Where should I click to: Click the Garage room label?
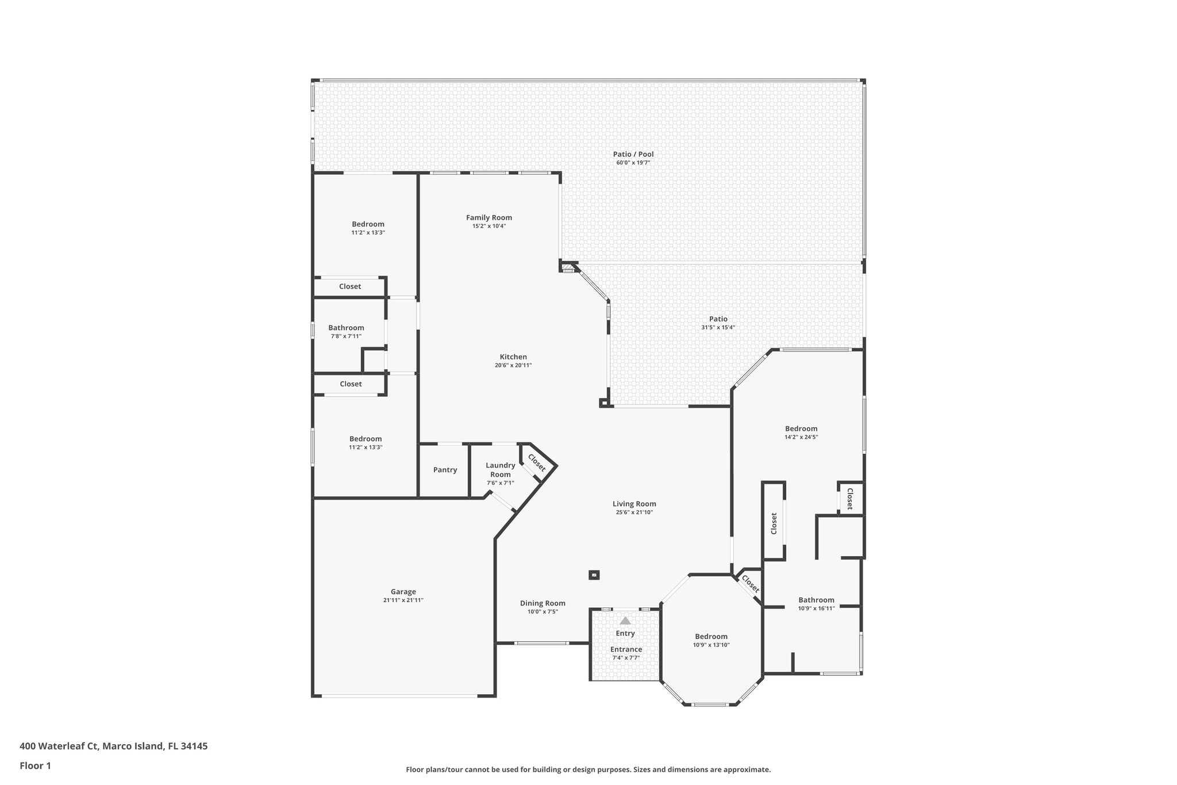tap(403, 591)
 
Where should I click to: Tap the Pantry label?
tap(445, 470)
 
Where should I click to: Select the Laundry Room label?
tap(500, 470)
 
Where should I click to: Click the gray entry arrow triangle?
tap(625, 621)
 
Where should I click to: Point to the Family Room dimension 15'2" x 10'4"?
tap(489, 226)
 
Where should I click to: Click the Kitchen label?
tap(513, 357)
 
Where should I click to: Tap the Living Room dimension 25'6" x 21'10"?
tap(634, 512)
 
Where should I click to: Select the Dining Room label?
tap(543, 603)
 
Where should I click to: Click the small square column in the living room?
tap(594, 575)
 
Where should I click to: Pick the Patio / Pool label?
tap(633, 154)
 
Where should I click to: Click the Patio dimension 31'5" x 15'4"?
tap(718, 327)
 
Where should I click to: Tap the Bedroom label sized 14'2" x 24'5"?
tap(801, 428)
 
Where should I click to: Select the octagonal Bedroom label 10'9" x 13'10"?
tap(711, 636)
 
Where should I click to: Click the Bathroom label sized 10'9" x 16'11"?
tap(816, 600)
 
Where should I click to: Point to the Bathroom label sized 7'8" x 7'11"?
tap(346, 328)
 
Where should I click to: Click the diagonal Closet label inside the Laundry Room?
tap(536, 462)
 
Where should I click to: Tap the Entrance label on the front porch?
tap(626, 649)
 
